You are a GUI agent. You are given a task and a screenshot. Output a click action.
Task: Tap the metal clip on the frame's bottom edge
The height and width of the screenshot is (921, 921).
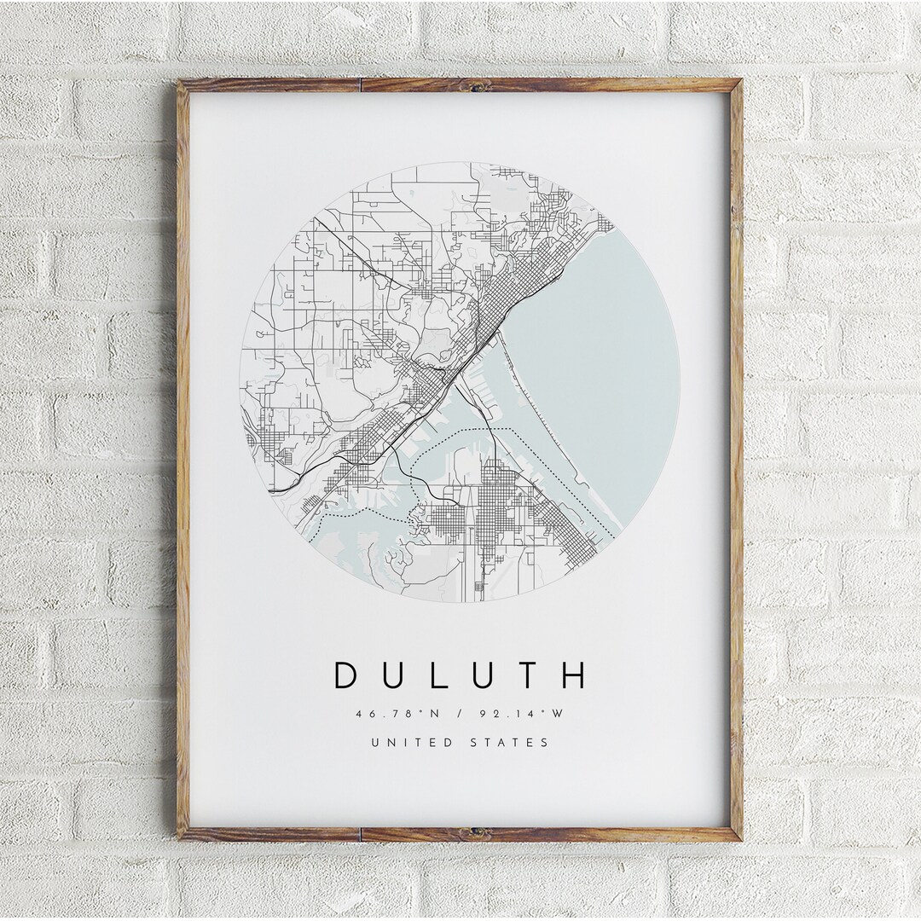pos(475,832)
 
